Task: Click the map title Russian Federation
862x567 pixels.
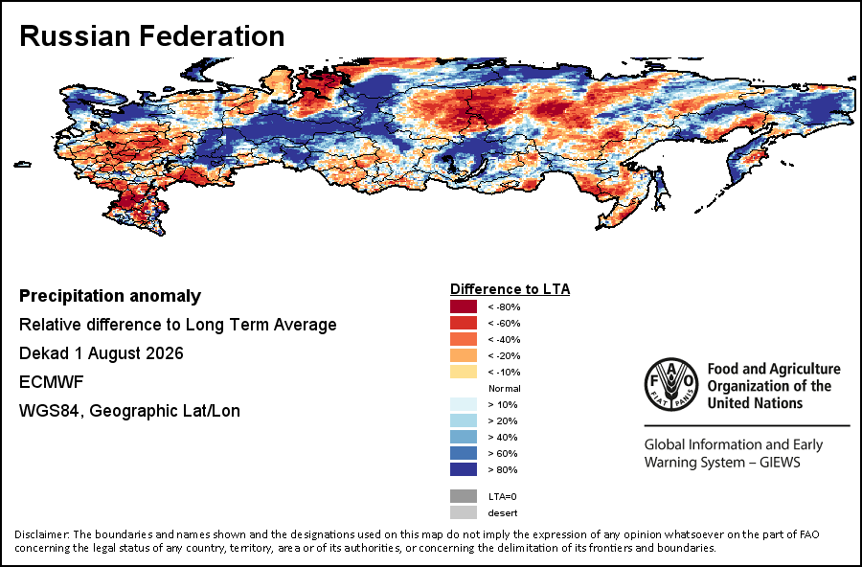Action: click(x=151, y=36)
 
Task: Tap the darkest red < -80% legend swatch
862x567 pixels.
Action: click(x=464, y=306)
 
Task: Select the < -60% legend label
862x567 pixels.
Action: click(x=504, y=324)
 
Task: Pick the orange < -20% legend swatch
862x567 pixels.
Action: click(x=464, y=355)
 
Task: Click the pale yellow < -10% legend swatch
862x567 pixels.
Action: click(x=464, y=372)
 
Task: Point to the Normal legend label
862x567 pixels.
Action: click(x=504, y=388)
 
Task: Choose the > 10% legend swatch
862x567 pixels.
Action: click(x=464, y=404)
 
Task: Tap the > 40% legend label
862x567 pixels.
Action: click(x=503, y=437)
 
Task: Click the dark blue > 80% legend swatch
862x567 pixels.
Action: click(x=464, y=469)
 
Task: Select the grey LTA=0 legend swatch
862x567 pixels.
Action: click(x=464, y=496)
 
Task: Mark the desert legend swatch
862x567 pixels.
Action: click(x=464, y=512)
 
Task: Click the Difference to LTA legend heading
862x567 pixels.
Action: click(x=510, y=289)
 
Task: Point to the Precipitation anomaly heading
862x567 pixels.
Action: click(x=110, y=296)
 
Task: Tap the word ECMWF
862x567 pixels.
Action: click(x=52, y=381)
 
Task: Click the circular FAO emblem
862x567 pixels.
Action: click(x=671, y=384)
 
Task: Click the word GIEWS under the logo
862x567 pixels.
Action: click(x=780, y=462)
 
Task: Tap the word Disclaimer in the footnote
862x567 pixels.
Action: click(x=42, y=534)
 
